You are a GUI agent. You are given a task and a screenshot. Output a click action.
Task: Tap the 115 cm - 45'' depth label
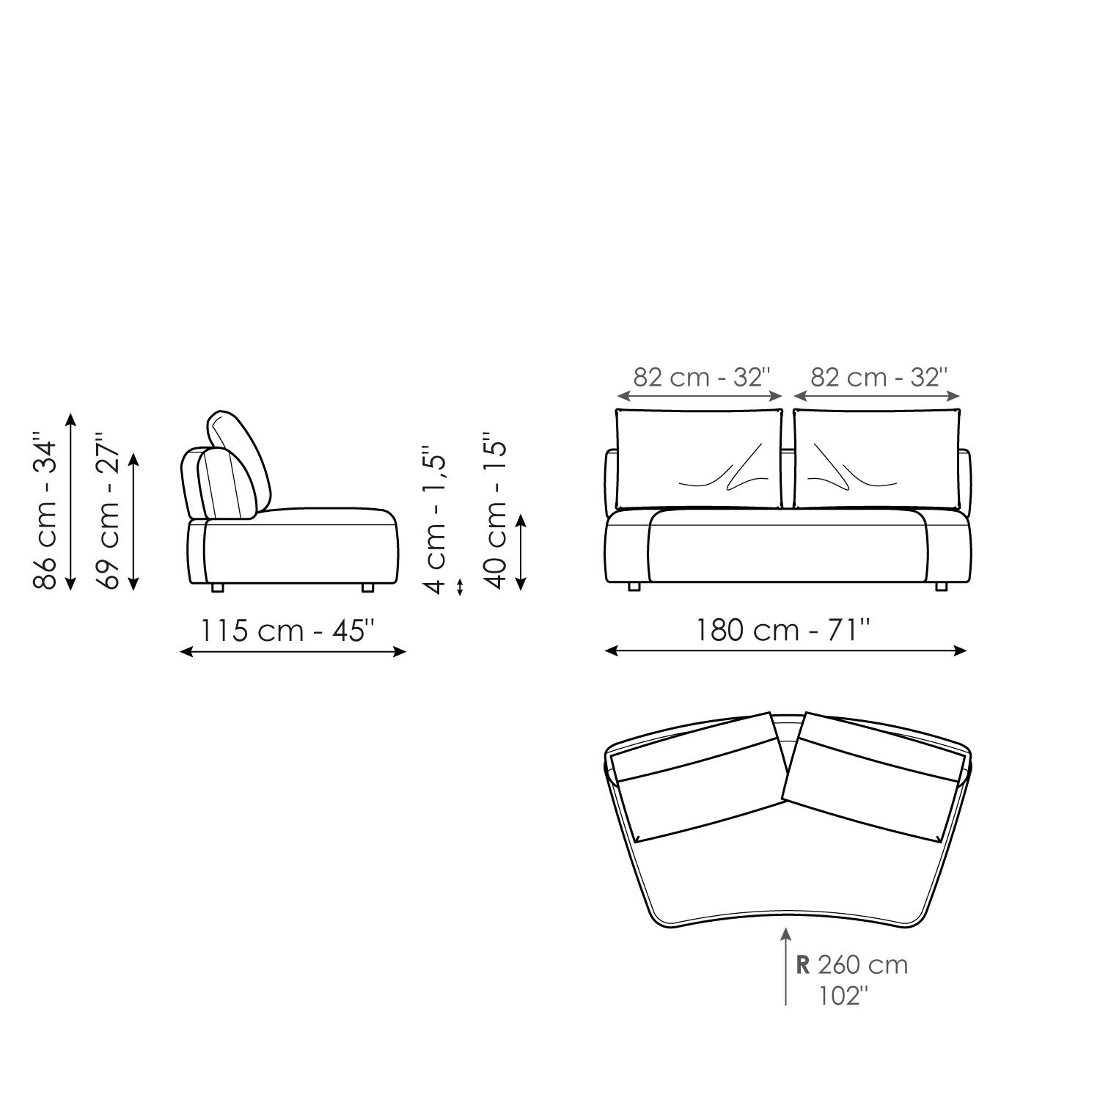pyautogui.click(x=288, y=630)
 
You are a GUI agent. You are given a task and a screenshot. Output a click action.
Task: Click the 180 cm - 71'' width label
pyautogui.click(x=782, y=630)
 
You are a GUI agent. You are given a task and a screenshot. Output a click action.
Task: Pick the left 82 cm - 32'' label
pyautogui.click(x=702, y=377)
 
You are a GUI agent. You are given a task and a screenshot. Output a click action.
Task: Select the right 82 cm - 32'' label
pyautogui.click(x=879, y=377)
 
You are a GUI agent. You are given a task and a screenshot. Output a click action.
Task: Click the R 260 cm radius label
pyautogui.click(x=852, y=964)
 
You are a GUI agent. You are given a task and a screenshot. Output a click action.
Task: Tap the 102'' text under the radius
pyautogui.click(x=843, y=996)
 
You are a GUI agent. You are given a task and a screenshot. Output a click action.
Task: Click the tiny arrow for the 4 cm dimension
pyautogui.click(x=460, y=587)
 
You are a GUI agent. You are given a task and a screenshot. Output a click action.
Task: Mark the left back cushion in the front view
pyautogui.click(x=699, y=459)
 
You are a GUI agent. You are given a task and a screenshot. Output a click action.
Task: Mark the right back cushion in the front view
pyautogui.click(x=876, y=459)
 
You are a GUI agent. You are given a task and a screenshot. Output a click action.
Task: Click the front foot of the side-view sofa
pyautogui.click(x=367, y=587)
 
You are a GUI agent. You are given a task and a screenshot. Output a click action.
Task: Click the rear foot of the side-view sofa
pyautogui.click(x=217, y=587)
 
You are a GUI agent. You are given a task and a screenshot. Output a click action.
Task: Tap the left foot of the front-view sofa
pyautogui.click(x=634, y=587)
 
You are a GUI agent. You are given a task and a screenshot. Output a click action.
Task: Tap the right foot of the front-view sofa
pyautogui.click(x=942, y=587)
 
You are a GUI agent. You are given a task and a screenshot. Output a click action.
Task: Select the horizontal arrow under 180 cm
pyautogui.click(x=785, y=650)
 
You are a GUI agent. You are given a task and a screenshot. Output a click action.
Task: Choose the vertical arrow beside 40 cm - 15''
pyautogui.click(x=521, y=552)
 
